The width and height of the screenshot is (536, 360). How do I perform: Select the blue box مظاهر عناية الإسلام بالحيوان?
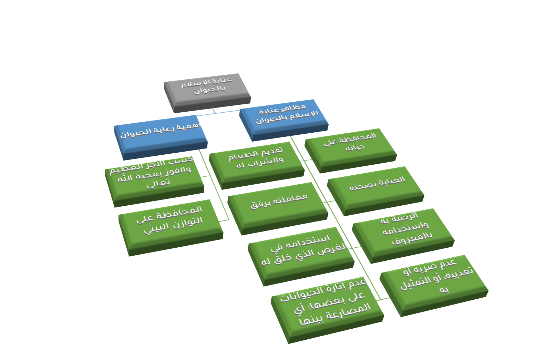coord(283,116)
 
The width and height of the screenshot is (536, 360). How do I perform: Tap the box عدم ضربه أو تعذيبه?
coord(433,279)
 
